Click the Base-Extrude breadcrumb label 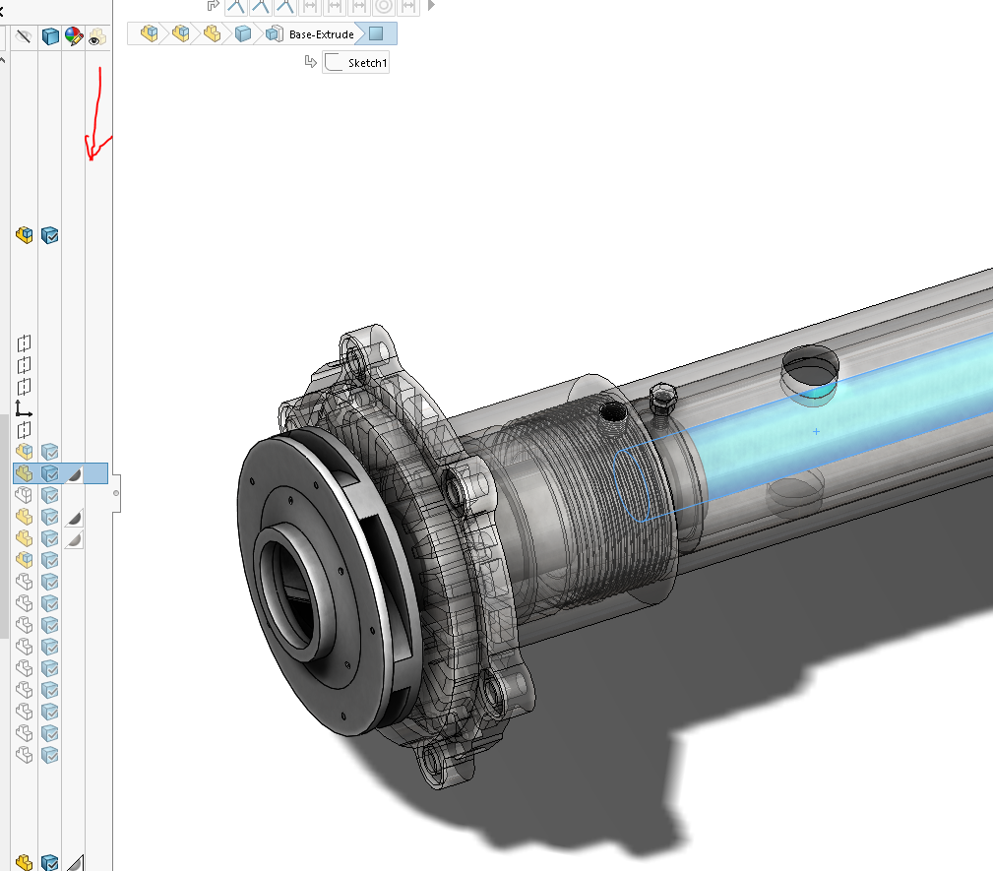click(320, 34)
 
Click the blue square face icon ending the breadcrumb click(376, 34)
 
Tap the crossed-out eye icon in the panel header click(25, 37)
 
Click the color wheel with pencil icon click(74, 37)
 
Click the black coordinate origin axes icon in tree click(24, 407)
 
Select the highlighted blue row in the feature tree click(59, 473)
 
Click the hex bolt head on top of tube click(664, 398)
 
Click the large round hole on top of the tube click(810, 369)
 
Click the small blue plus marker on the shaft click(817, 431)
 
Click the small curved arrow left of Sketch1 click(311, 62)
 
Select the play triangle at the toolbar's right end click(430, 5)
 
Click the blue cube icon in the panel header click(49, 37)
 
